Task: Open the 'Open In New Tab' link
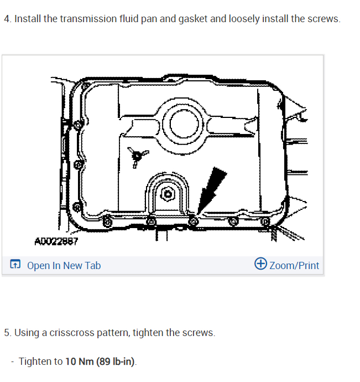pos(64,266)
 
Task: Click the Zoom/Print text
pos(294,266)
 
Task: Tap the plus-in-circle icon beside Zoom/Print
pos(261,265)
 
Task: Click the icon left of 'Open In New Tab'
pos(16,266)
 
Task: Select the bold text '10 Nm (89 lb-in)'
pos(100,362)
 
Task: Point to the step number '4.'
pos(7,18)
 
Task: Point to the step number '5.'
pos(7,333)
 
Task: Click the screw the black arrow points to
pos(193,221)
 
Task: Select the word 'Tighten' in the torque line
pos(34,362)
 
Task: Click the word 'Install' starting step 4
pos(27,18)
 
